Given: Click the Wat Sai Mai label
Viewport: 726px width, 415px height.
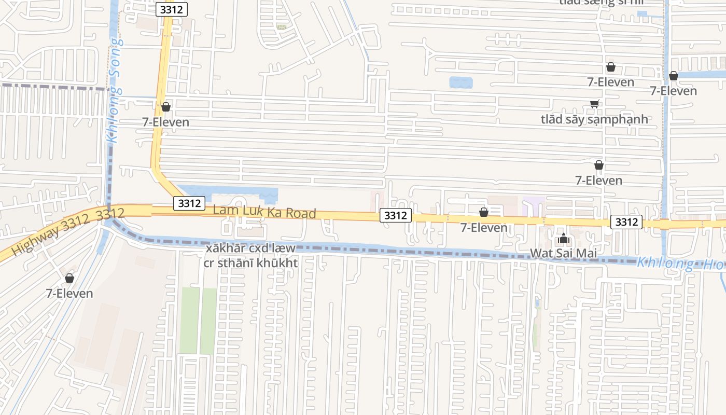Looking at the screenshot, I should [x=563, y=253].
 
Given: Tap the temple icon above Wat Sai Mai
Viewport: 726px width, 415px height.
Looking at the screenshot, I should [x=564, y=239].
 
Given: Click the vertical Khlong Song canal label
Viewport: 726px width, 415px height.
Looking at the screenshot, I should [x=115, y=91].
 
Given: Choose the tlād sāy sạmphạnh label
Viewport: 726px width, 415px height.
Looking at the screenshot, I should [x=594, y=119].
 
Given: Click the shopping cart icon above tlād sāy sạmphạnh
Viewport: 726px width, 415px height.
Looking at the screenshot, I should [x=594, y=104].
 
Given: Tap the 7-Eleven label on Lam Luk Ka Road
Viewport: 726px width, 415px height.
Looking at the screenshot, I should [x=484, y=227].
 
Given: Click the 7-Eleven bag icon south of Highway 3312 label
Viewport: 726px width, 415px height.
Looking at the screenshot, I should [x=69, y=279].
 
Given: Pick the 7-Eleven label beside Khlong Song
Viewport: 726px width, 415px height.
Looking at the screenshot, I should [x=165, y=122].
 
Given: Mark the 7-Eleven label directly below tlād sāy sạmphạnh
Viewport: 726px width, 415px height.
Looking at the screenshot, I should [x=598, y=180].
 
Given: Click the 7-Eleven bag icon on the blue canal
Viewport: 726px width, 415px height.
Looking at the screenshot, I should [x=674, y=76].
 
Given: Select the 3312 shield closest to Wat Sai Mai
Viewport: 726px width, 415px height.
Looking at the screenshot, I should [x=626, y=222].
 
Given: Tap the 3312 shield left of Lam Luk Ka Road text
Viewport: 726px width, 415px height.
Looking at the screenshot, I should [x=189, y=203].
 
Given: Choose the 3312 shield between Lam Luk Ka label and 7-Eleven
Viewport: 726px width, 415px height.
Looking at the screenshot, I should [x=396, y=215].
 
